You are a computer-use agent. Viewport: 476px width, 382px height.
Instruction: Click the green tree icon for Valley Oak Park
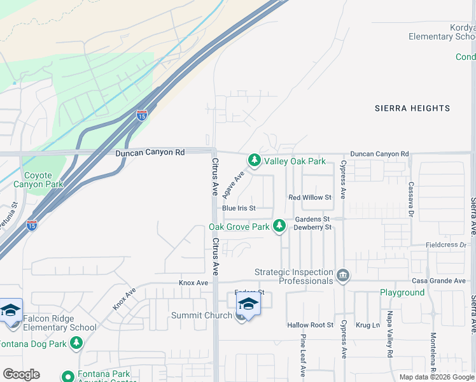(x=255, y=160)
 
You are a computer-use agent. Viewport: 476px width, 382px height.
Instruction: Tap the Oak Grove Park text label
(x=239, y=227)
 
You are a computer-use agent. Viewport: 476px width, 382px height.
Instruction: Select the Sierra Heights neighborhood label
(x=412, y=108)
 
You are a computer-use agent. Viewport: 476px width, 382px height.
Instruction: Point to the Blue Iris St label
(x=239, y=208)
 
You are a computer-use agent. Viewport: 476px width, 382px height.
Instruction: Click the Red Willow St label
(x=310, y=198)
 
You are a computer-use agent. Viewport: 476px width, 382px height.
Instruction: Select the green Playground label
(x=402, y=293)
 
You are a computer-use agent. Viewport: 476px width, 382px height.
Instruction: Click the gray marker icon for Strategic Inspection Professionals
(x=343, y=274)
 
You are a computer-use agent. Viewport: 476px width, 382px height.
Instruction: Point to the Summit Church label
(x=202, y=316)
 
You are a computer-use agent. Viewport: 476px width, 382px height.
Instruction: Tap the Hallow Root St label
(x=310, y=325)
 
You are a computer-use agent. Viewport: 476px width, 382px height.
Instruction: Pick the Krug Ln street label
(x=368, y=325)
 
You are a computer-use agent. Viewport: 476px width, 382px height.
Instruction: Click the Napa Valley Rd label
(x=389, y=334)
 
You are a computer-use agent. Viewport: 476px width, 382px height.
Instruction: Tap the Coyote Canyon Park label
(x=43, y=180)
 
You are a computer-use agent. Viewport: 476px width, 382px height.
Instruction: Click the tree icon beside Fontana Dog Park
(x=76, y=344)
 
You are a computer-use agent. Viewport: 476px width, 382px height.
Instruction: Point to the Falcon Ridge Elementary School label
(x=60, y=323)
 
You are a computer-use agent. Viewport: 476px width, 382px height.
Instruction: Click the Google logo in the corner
(x=21, y=374)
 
